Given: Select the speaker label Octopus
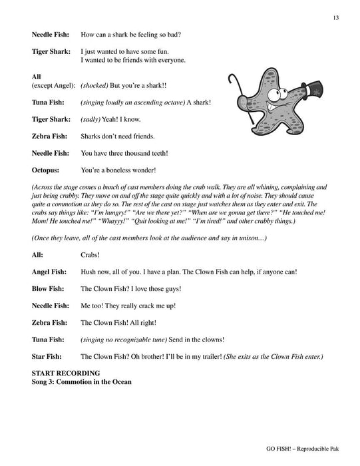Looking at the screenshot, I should click(x=45, y=170).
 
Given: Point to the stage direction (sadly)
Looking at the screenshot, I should click(x=93, y=119).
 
